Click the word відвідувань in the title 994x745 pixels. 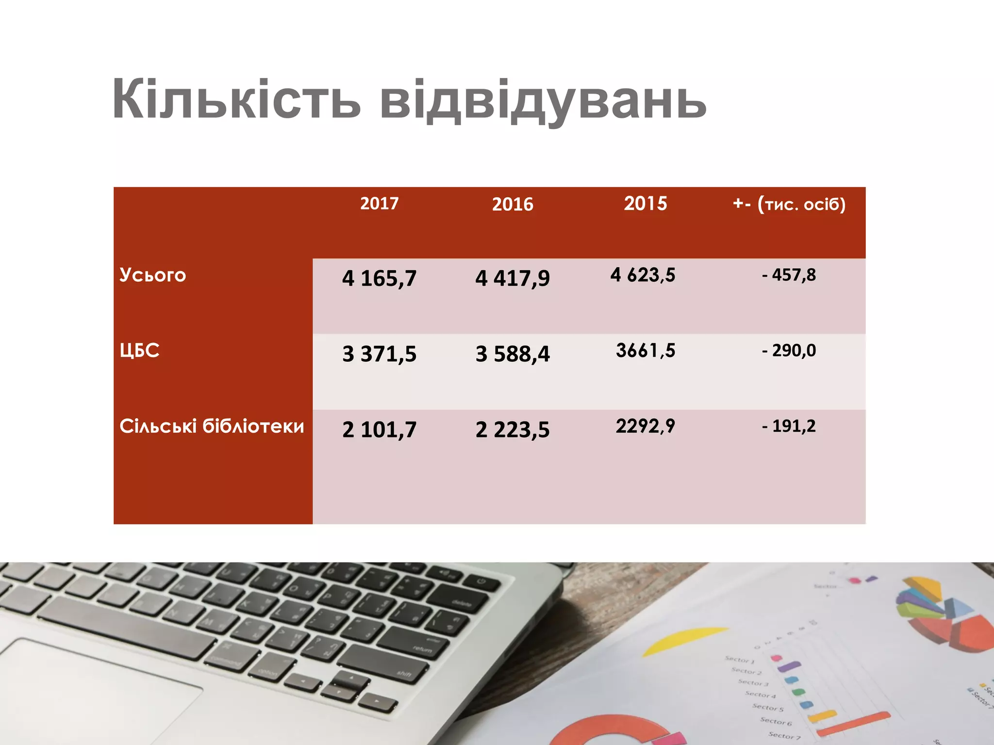point(543,101)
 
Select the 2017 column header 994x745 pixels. point(379,203)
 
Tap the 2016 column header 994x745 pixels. point(513,204)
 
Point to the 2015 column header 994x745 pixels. point(646,203)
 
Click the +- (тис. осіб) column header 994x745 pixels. point(789,204)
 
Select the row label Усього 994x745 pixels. point(153,275)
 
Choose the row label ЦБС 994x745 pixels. point(140,350)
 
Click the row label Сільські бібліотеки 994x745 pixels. point(212,426)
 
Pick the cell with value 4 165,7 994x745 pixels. point(379,278)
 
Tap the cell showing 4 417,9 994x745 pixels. point(513,278)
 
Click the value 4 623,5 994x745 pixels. point(643,275)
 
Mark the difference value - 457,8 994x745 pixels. point(789,275)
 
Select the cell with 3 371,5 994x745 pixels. point(379,354)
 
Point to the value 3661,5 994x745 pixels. point(646,350)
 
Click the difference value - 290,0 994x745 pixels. point(789,350)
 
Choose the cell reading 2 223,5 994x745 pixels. point(513,429)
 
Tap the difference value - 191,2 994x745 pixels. point(789,426)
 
